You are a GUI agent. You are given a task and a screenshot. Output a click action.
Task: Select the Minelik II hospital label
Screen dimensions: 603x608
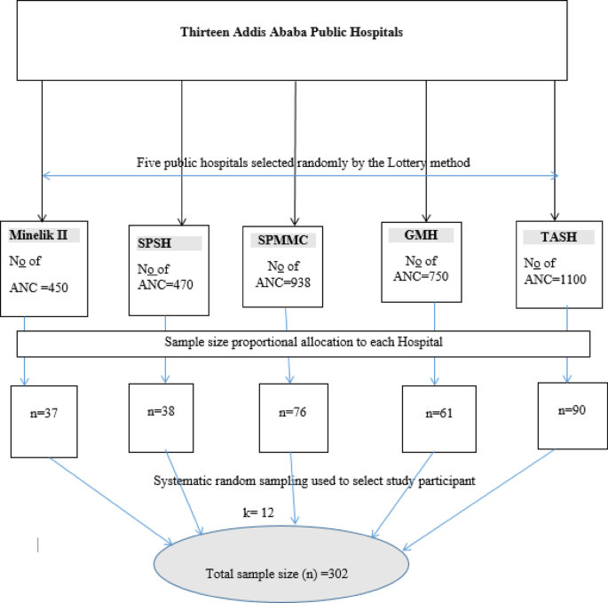coord(43,235)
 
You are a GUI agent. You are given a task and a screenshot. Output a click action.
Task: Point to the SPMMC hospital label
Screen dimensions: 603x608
coord(272,240)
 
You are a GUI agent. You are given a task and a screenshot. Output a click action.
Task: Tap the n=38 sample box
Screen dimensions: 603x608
coord(163,411)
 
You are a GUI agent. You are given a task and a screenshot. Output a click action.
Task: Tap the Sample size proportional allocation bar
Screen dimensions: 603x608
coord(303,342)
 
